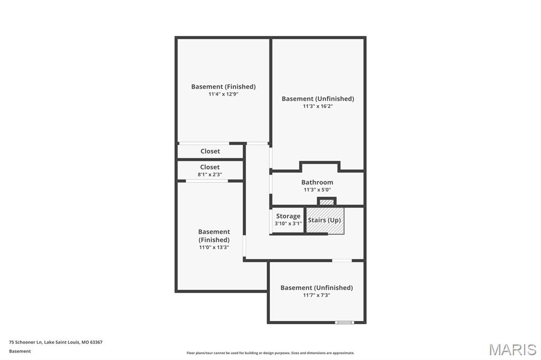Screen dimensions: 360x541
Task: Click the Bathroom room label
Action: (x=317, y=182)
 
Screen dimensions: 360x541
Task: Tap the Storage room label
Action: (x=288, y=216)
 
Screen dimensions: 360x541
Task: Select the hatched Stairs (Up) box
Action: (x=324, y=221)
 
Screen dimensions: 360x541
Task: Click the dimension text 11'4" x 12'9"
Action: (x=223, y=94)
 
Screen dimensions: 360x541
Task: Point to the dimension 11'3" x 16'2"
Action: (x=318, y=106)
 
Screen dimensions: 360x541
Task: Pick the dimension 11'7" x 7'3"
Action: (x=316, y=295)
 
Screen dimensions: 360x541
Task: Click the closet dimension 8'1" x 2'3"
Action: (x=210, y=174)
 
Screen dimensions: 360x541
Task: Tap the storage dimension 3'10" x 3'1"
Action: (x=288, y=223)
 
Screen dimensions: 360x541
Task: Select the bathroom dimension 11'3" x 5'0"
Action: (x=317, y=190)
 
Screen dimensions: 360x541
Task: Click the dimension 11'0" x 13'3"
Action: (x=214, y=247)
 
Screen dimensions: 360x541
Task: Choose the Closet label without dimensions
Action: (x=210, y=151)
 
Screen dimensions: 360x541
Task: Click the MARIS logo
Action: (x=512, y=349)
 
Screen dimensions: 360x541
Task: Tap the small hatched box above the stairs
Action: (x=327, y=202)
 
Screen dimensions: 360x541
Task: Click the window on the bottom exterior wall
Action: (x=344, y=322)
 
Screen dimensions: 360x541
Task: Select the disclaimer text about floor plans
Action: (x=270, y=353)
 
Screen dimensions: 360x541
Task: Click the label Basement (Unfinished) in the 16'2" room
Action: (x=318, y=99)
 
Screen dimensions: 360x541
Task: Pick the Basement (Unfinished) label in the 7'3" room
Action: (x=316, y=288)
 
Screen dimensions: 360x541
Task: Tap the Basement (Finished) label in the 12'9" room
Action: (x=223, y=87)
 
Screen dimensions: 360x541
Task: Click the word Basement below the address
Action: (x=20, y=351)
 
